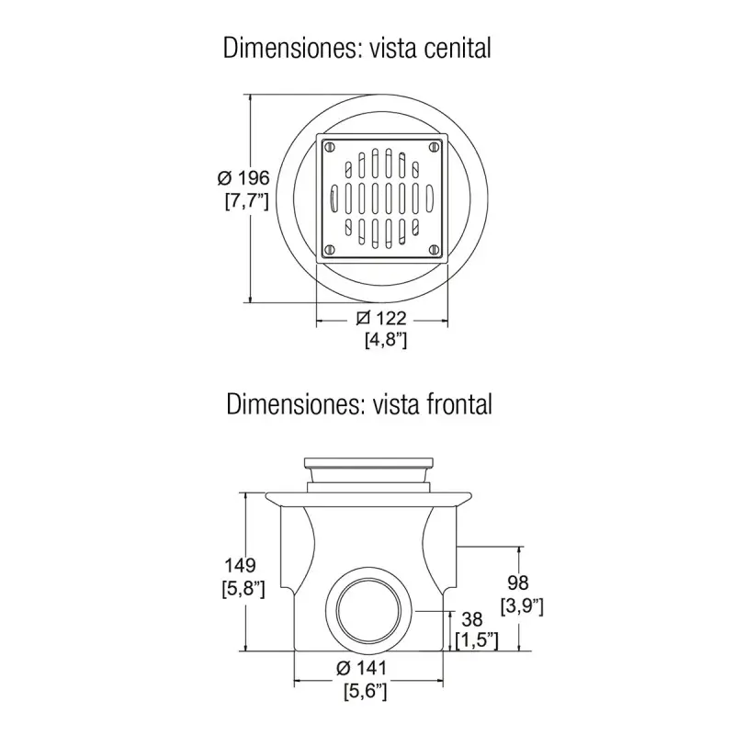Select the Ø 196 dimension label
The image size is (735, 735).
[243, 178]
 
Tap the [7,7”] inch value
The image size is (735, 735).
[247, 201]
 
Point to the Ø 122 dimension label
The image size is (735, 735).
[381, 318]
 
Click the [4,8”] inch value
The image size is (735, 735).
[386, 340]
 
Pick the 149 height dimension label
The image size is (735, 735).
[240, 565]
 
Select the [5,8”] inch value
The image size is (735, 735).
[243, 589]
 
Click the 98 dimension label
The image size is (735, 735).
[518, 582]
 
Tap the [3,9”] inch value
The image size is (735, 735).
[522, 606]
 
